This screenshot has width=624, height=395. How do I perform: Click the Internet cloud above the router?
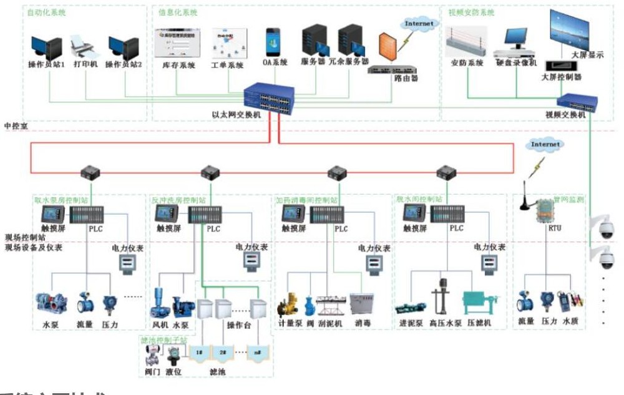[x=418, y=24]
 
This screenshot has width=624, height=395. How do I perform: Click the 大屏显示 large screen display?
[x=568, y=30]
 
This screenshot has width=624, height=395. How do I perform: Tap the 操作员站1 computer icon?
[x=47, y=47]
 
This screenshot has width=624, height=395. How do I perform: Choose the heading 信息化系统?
[x=178, y=12]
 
